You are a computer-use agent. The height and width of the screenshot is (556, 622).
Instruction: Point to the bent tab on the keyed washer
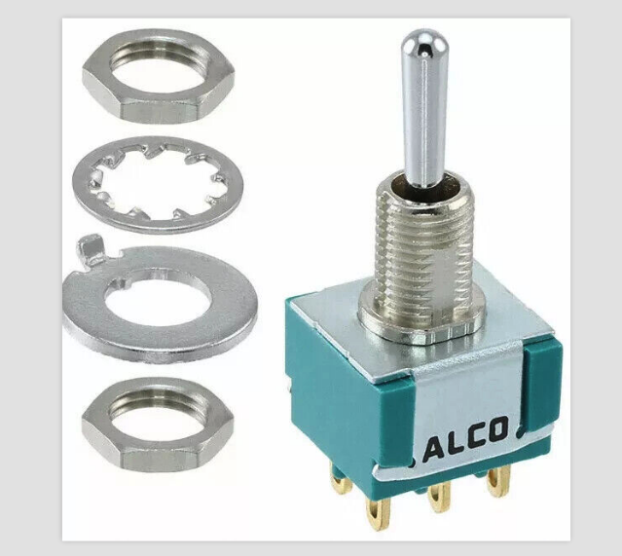pos(91,249)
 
